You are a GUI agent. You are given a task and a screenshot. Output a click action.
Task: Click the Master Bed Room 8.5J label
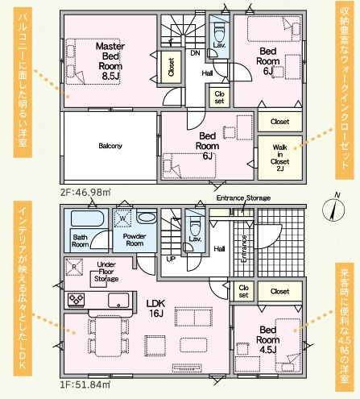pos(110,61)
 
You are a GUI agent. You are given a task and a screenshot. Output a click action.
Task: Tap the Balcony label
pos(110,146)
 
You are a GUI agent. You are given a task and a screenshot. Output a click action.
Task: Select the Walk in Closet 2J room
pos(280,158)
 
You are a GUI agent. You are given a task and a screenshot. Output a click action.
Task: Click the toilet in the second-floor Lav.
pos(219,31)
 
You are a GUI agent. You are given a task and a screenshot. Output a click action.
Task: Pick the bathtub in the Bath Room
pos(87,218)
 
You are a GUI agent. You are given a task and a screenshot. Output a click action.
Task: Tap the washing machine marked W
pos(122,218)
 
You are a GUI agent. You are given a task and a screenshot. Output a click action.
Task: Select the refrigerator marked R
pos(74,267)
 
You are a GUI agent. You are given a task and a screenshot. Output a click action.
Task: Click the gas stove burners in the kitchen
pos(77,299)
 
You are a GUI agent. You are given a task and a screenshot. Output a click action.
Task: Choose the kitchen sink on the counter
pos(118,300)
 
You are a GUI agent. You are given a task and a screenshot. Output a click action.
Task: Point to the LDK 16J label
pos(155,308)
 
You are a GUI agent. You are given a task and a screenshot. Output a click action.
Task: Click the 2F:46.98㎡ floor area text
pos(85,192)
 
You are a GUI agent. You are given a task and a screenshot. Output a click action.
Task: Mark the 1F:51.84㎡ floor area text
pos(85,384)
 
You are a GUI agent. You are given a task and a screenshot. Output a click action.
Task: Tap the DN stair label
pos(195,53)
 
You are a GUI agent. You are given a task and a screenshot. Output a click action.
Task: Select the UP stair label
pos(171,260)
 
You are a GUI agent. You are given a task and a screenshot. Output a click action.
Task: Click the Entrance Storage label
pos(243,198)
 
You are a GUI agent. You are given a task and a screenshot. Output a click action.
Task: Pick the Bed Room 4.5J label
pos(267,339)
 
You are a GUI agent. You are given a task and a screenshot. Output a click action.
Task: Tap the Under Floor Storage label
pos(106,272)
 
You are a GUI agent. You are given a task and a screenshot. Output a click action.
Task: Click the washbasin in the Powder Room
pos(147,217)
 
